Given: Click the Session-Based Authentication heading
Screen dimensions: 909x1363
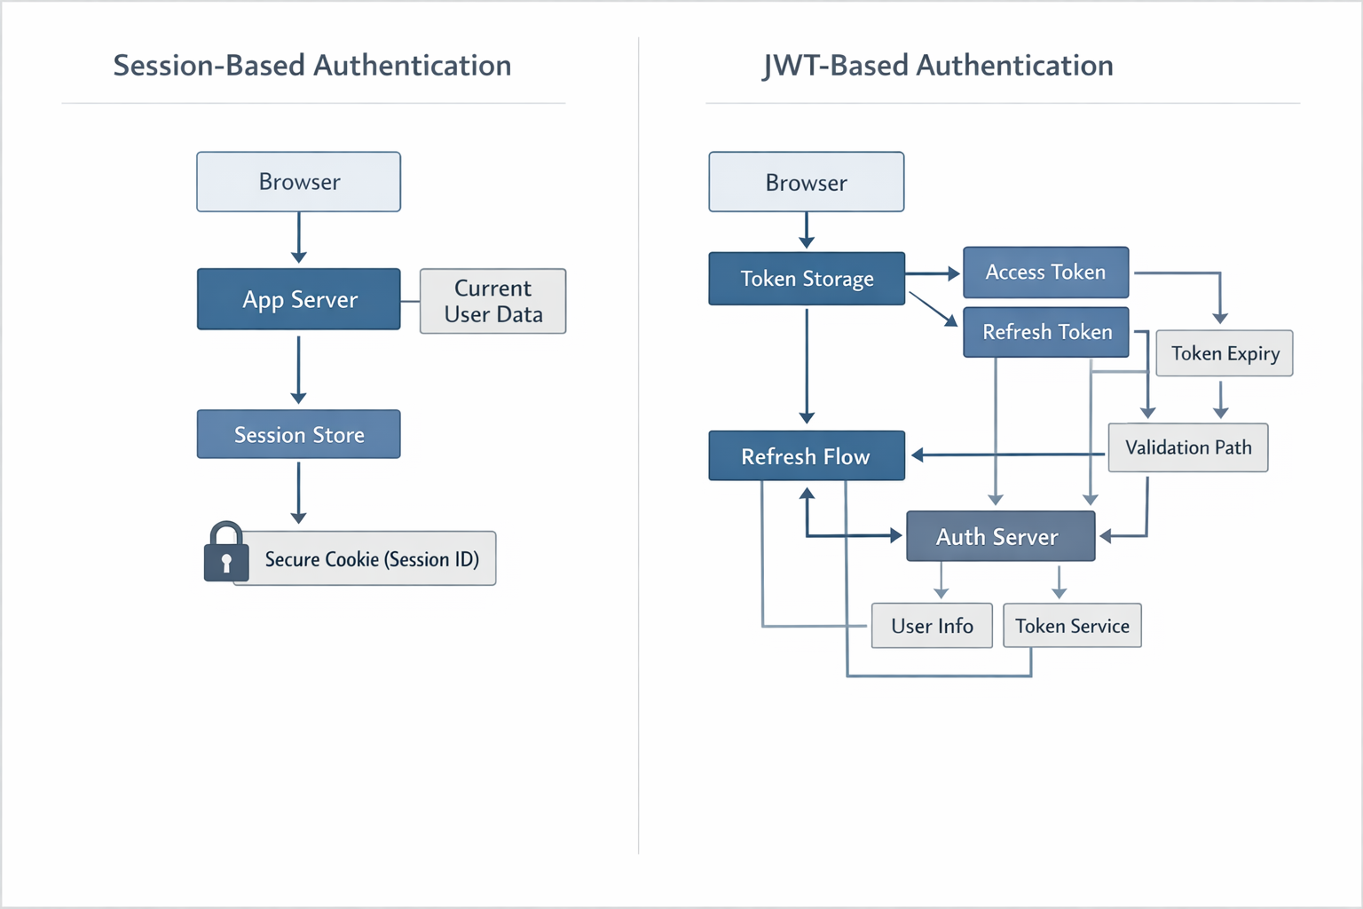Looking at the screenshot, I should (311, 66).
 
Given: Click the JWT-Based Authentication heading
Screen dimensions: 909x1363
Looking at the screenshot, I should (937, 66).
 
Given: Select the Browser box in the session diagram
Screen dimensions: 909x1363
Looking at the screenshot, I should (298, 182).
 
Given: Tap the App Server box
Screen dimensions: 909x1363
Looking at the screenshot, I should (298, 299).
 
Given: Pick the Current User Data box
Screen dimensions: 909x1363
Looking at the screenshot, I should (492, 301).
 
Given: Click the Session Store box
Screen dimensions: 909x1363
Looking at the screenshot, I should (298, 434).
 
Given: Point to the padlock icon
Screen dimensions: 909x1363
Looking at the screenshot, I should (225, 553).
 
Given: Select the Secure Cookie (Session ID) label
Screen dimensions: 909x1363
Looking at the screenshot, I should (371, 559).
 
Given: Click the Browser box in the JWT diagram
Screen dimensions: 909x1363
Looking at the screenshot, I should (806, 182).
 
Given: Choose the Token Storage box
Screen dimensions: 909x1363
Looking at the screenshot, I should (806, 279).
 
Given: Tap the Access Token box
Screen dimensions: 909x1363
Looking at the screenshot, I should (1045, 273).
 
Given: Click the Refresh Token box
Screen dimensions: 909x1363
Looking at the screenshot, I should (1045, 332).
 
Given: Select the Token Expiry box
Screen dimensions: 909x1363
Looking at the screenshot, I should (1225, 353).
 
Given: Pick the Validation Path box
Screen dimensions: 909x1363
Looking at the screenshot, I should (1187, 447).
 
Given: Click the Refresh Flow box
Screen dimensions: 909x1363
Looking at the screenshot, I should (806, 456).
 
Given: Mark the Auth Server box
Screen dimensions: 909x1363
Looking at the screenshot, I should (1000, 536).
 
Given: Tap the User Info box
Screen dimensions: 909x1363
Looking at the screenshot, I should (932, 626).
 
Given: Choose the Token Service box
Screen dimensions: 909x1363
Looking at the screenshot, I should (1072, 626).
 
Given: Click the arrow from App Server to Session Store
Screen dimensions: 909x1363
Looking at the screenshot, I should (298, 369).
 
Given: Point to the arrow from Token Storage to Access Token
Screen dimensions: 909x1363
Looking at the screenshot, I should (932, 273).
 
